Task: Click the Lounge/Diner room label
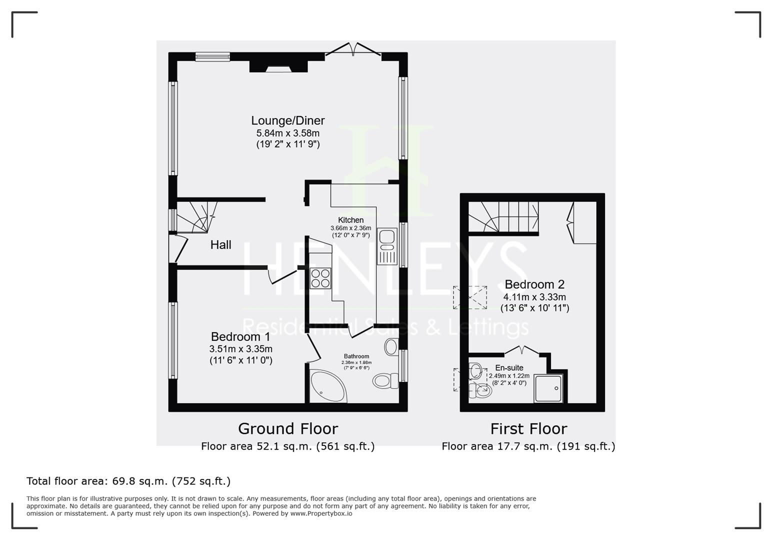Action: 288,120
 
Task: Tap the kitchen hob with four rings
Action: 320,278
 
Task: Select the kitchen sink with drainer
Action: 387,246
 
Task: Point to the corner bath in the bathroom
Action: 327,386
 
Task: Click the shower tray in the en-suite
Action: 548,388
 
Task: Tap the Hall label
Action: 220,244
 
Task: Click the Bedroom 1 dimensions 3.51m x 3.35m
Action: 241,348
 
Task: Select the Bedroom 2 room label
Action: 534,284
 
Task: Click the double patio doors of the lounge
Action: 353,49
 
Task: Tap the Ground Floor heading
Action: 288,428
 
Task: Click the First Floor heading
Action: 528,429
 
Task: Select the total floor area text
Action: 128,481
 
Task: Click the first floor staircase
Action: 503,216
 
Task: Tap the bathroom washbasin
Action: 391,346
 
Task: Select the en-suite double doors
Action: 522,350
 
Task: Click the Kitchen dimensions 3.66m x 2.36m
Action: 351,228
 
